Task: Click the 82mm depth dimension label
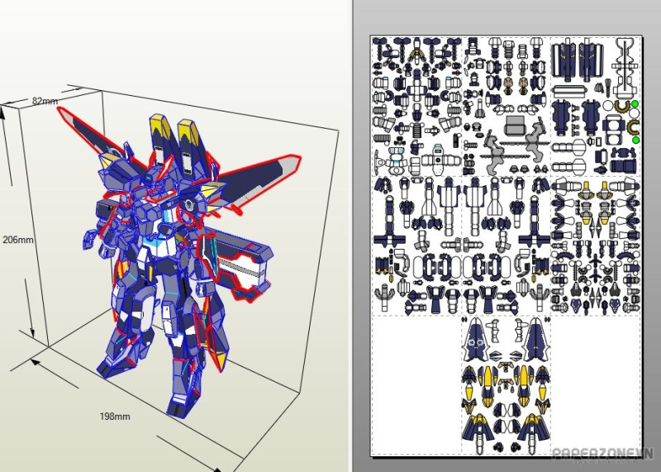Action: click(x=45, y=101)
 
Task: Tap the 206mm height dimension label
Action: click(x=18, y=240)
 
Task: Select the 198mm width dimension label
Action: click(x=115, y=417)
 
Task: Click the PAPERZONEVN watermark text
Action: click(x=603, y=454)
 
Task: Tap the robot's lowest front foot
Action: click(x=183, y=405)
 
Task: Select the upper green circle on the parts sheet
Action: click(x=635, y=104)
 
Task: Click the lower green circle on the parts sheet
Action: click(x=635, y=140)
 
